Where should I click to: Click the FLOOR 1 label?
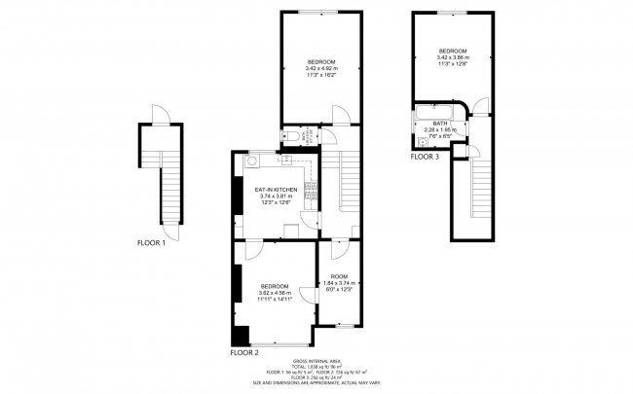[x=151, y=243]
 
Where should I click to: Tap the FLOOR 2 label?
[x=243, y=352]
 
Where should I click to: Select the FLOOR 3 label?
[x=425, y=157]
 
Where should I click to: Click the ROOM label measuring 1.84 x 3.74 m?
[x=339, y=276]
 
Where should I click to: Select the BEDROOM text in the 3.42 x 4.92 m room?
[x=321, y=62]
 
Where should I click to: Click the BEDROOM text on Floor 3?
[x=452, y=51]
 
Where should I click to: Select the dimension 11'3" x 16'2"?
[x=321, y=76]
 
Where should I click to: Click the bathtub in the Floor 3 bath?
[x=440, y=110]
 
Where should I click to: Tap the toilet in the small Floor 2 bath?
[x=295, y=137]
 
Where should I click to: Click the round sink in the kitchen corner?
[x=251, y=162]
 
